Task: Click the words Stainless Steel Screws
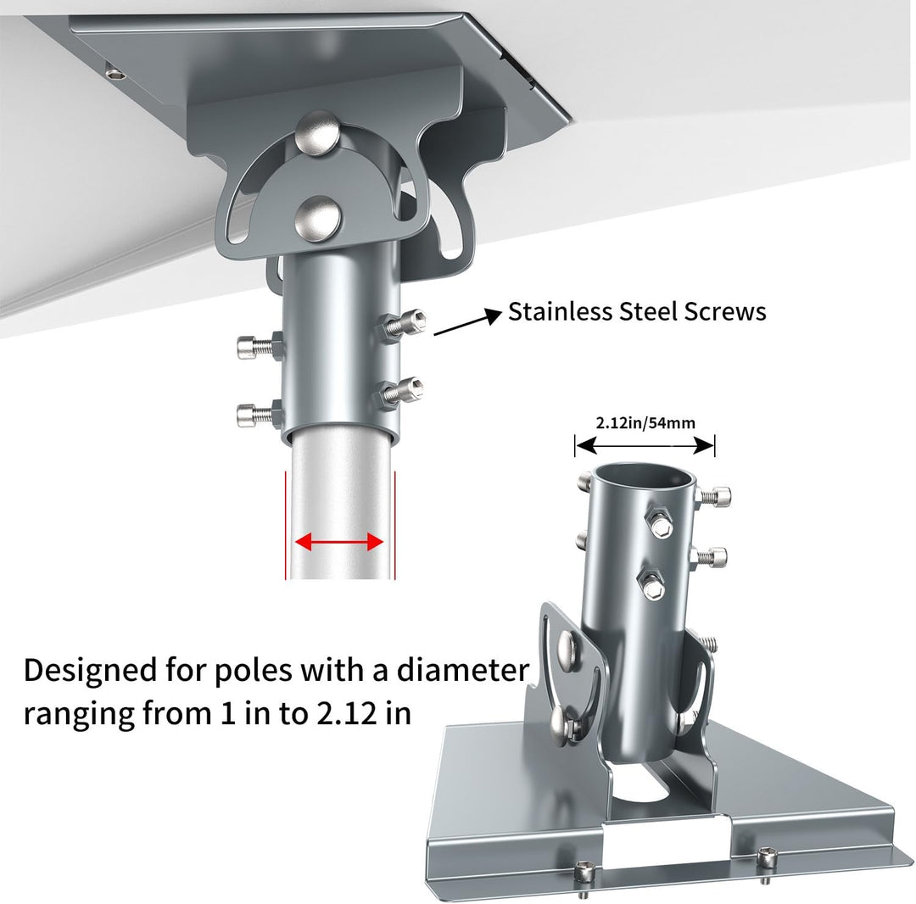coord(637,311)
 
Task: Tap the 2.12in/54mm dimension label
coord(645,423)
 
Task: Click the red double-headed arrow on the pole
coord(339,543)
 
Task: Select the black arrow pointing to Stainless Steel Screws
coord(468,322)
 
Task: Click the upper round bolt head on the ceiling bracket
coord(316,133)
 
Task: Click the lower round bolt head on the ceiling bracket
coord(317,219)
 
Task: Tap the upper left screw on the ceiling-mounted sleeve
coord(260,347)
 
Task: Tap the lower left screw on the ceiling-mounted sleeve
coord(260,414)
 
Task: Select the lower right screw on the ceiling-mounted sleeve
coord(400,393)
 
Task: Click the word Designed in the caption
coord(91,672)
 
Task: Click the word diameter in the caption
coord(463,670)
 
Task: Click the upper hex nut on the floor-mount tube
coord(660,523)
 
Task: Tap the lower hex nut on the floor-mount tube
coord(652,585)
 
